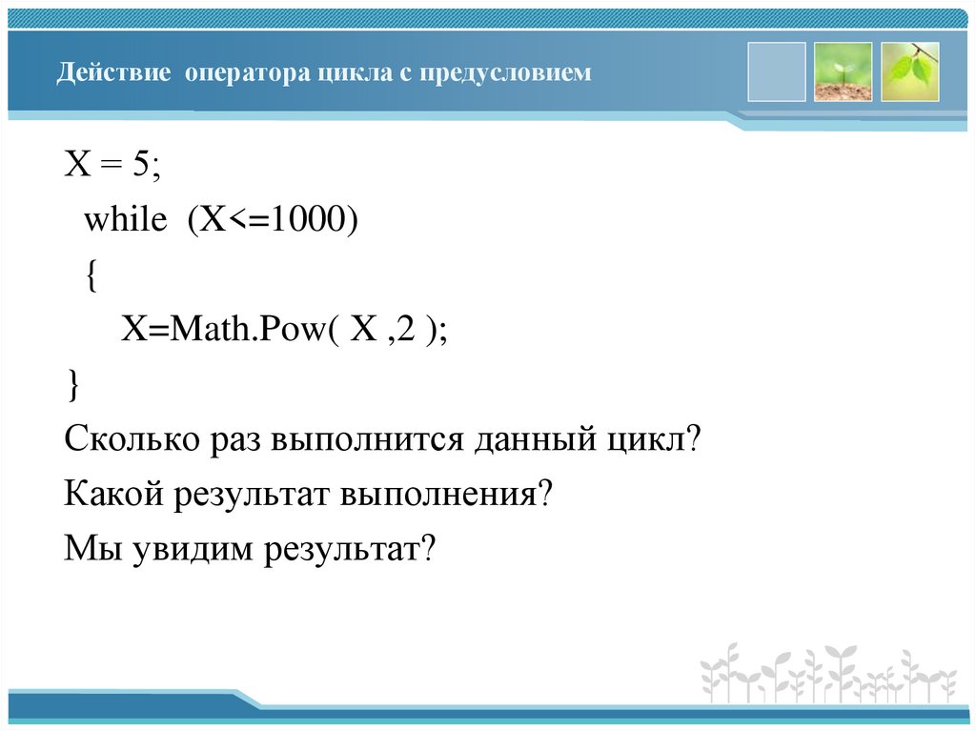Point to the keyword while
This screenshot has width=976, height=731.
125,220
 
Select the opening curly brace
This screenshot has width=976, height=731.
89,276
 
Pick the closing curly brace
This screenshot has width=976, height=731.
73,386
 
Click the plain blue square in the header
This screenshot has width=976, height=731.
776,71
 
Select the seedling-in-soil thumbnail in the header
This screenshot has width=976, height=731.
843,71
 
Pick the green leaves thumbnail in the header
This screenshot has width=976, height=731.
909,71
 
